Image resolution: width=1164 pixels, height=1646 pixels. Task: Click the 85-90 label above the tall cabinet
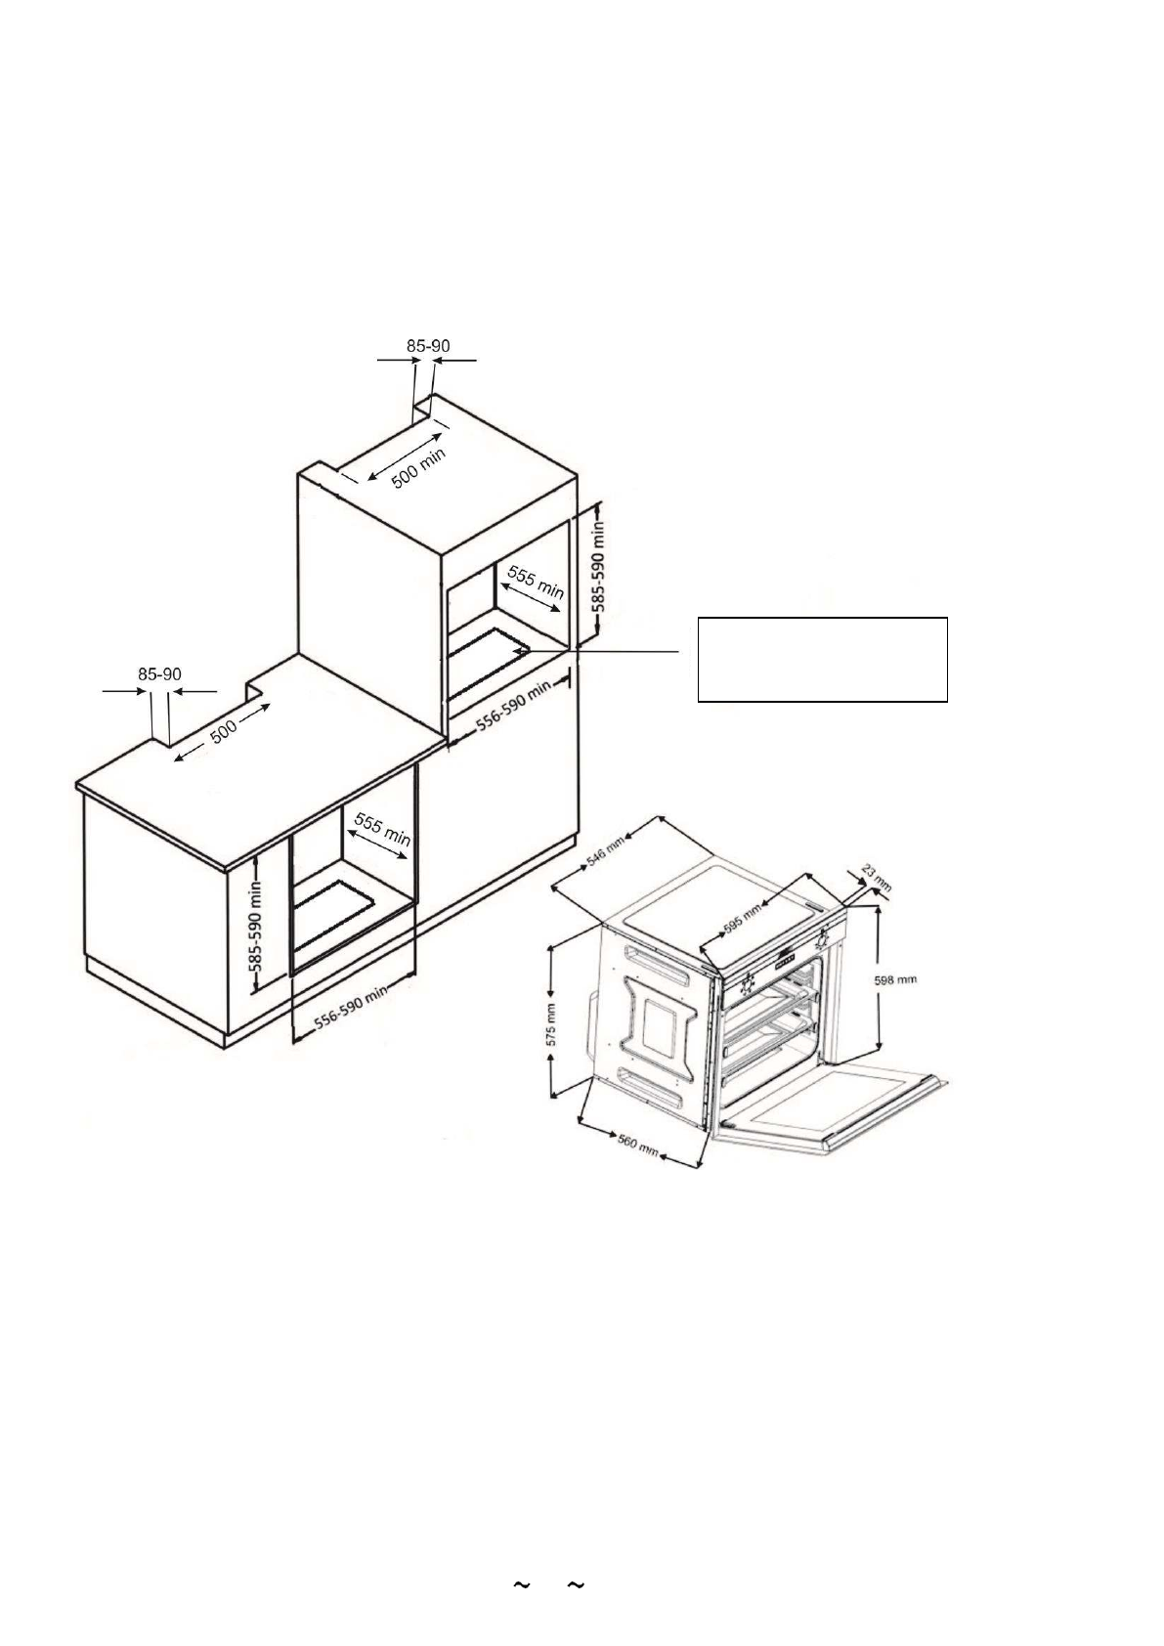coord(428,345)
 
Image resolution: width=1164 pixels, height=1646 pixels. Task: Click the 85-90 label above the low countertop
coord(159,674)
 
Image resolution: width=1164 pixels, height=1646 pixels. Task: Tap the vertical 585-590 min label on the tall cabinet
coord(599,566)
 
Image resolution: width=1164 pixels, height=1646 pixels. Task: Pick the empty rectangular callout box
coord(822,659)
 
